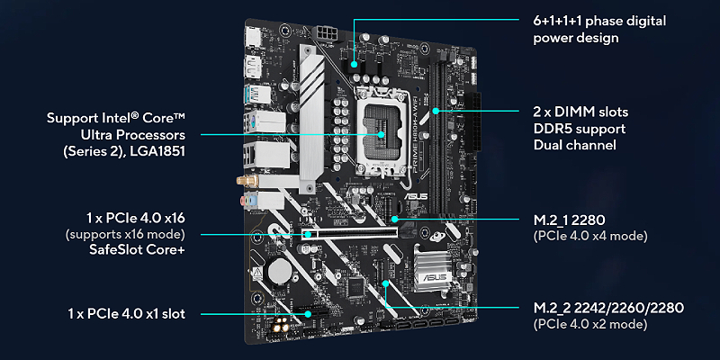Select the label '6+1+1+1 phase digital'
[x=599, y=21]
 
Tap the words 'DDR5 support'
[x=579, y=129]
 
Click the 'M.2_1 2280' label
[x=569, y=220]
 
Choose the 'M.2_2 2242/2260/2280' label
[x=608, y=308]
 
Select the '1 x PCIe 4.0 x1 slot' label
[x=127, y=313]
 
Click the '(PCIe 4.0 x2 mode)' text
[x=590, y=324]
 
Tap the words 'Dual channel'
[x=574, y=145]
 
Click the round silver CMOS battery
[x=278, y=272]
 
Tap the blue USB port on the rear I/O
[x=254, y=94]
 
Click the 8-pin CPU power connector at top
[x=327, y=33]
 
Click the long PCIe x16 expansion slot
[x=351, y=234]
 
